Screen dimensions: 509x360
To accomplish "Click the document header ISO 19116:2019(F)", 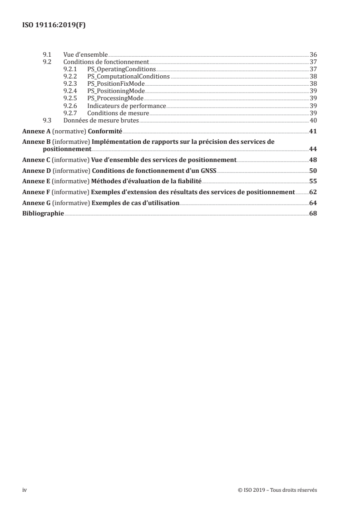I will (54, 25).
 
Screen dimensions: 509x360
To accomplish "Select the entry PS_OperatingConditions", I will (121, 69).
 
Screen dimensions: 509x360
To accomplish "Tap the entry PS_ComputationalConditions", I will (128, 77).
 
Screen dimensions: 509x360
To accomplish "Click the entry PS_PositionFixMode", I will (116, 84).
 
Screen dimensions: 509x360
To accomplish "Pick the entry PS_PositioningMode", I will (116, 91).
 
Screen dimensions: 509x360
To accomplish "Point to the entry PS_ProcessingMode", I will (115, 98).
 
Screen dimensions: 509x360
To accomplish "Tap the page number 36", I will (313, 54).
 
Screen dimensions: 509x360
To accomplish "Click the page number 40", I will (313, 120).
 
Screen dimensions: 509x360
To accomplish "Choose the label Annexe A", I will (35, 132).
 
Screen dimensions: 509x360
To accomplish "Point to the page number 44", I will (313, 149).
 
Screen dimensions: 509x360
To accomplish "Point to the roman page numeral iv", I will (25, 490).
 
